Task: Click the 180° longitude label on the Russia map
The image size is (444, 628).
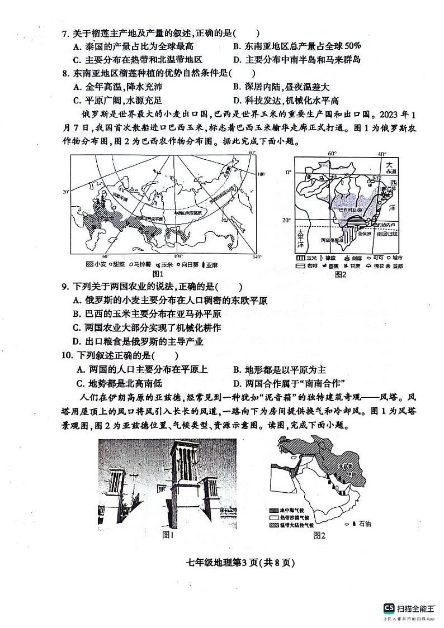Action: [259, 174]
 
